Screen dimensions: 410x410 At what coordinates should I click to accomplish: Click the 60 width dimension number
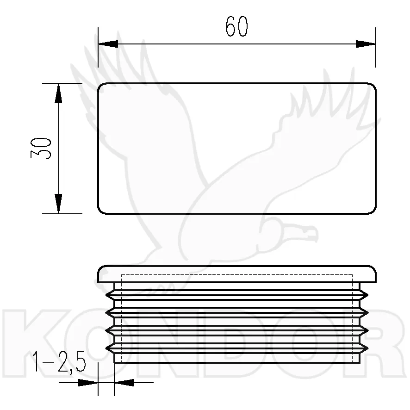coord(236,26)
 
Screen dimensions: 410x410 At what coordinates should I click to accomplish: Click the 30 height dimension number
coord(41,148)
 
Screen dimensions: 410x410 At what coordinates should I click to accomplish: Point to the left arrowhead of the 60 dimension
coord(108,44)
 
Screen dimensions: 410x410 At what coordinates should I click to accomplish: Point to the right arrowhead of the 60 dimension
coord(366,44)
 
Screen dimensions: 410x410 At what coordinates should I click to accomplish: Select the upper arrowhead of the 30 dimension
coord(58,93)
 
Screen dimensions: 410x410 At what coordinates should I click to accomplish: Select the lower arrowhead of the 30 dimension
coord(58,204)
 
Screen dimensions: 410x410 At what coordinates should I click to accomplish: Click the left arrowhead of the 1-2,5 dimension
coord(88,383)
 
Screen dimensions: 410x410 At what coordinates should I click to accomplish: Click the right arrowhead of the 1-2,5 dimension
coord(124,383)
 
